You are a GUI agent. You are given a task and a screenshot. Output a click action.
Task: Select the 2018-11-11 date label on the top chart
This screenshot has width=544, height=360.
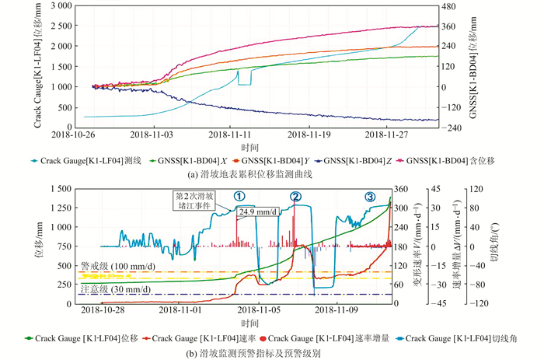(x=230, y=135)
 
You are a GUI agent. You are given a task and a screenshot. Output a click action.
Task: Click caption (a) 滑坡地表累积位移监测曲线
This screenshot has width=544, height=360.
(x=249, y=175)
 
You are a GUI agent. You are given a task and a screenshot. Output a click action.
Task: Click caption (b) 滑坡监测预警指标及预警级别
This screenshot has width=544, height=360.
(x=249, y=351)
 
